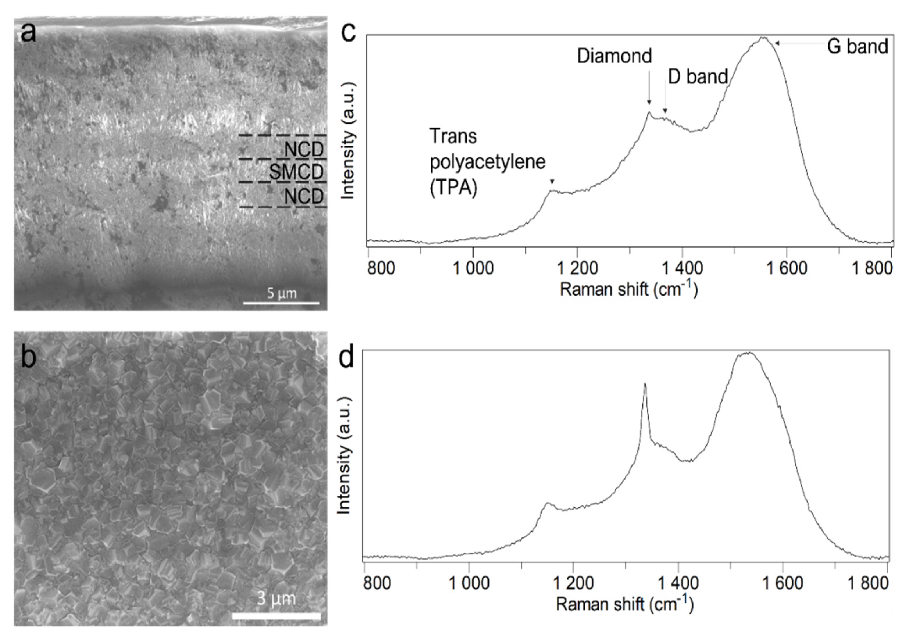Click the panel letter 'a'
tap(28, 33)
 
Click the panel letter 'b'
tap(28, 356)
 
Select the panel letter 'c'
tap(348, 33)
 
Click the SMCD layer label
tap(296, 172)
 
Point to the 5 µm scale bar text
tap(282, 293)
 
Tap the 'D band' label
tap(698, 76)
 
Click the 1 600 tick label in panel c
tap(786, 269)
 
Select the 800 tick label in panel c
tap(381, 269)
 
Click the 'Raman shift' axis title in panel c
tap(628, 289)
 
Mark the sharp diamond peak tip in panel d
tap(645, 384)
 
